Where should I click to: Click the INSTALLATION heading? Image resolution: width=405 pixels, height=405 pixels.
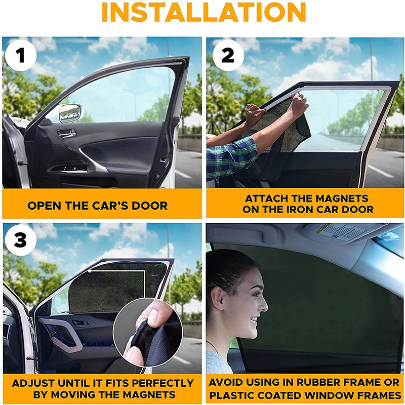click(x=204, y=12)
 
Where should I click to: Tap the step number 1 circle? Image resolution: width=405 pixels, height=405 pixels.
click(x=21, y=56)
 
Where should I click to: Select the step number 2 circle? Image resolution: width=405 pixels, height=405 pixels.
click(x=228, y=55)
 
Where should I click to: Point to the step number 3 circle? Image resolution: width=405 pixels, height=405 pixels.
click(x=21, y=240)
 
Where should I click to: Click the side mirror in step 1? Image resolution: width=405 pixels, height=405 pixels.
click(x=71, y=113)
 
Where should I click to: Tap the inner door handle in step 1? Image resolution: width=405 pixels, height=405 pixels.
click(x=67, y=133)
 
